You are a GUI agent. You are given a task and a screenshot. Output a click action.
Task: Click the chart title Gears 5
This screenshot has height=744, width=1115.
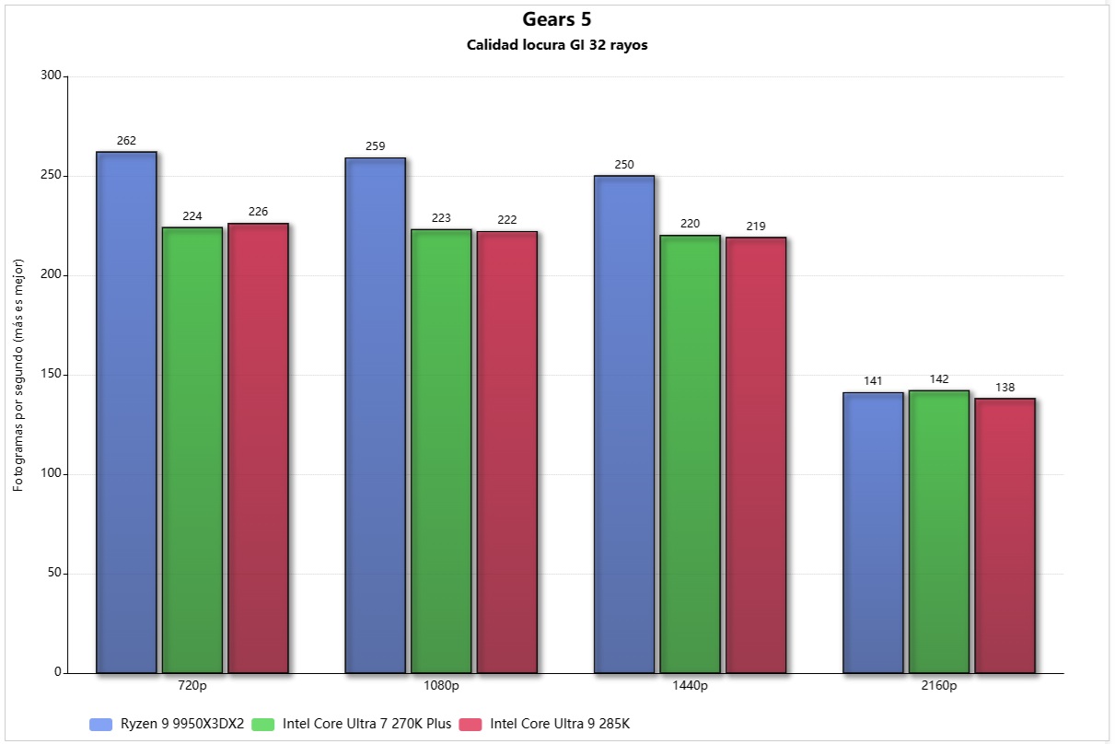click(x=557, y=19)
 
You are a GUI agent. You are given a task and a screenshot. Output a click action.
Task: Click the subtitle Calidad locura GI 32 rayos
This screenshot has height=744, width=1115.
click(x=557, y=45)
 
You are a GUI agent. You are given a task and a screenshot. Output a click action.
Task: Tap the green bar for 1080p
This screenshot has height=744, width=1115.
click(x=441, y=450)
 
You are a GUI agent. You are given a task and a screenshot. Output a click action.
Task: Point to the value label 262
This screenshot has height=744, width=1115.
click(x=126, y=141)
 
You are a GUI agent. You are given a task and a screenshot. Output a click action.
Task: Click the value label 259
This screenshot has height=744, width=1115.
click(x=375, y=146)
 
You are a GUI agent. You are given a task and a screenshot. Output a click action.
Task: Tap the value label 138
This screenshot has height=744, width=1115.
click(x=1005, y=388)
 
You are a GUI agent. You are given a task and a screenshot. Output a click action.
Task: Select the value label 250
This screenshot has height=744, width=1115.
click(x=624, y=165)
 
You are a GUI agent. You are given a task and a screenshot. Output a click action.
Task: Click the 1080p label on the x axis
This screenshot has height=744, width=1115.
click(x=441, y=686)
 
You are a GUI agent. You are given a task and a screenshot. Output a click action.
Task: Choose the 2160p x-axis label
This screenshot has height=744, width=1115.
click(x=939, y=686)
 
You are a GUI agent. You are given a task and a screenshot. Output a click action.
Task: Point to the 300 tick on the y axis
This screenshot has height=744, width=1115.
click(x=51, y=76)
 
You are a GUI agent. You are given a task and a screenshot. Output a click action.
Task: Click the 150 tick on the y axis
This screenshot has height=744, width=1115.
click(x=51, y=375)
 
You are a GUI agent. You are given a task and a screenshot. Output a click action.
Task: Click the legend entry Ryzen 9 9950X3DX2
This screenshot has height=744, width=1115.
click(x=181, y=724)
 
